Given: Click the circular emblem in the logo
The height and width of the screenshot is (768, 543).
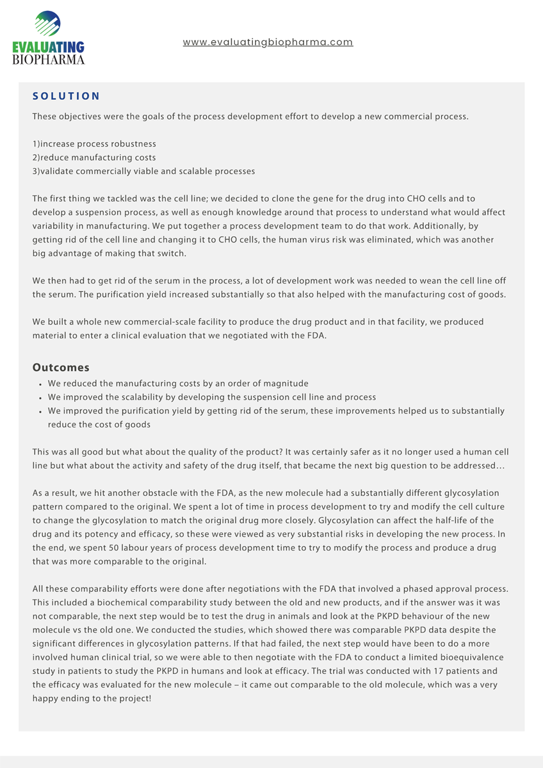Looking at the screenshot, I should pyautogui.click(x=47, y=24).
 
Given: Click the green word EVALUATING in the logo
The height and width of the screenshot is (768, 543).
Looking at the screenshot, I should pyautogui.click(x=48, y=47).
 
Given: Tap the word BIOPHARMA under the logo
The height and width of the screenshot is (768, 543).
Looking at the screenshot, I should pyautogui.click(x=48, y=60).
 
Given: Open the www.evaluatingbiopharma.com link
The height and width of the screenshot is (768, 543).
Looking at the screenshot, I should pyautogui.click(x=268, y=42).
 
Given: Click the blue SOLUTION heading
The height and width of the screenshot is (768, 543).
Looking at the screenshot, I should pyautogui.click(x=67, y=96).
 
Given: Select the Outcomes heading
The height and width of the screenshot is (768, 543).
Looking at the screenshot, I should pyautogui.click(x=61, y=368).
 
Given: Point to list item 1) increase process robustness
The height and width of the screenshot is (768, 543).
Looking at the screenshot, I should pyautogui.click(x=94, y=144).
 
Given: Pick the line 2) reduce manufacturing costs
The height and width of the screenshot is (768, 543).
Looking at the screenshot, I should pyautogui.click(x=94, y=157).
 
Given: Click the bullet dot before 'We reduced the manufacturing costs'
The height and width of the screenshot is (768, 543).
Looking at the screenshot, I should pyautogui.click(x=40, y=384).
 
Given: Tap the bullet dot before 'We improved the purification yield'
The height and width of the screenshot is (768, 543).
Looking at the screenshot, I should pyautogui.click(x=40, y=412).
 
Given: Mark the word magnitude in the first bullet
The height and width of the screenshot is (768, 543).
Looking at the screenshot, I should pyautogui.click(x=286, y=383).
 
